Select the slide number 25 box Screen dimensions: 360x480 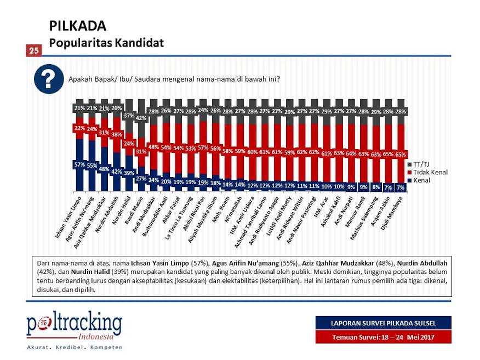33,50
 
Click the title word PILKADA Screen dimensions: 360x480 77,27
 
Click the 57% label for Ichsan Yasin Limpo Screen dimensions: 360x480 79,164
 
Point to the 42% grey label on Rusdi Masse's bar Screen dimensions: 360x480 141,118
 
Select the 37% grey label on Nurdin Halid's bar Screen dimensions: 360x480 129,116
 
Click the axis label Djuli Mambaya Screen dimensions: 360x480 394,208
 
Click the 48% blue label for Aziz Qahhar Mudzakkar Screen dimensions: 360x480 104,169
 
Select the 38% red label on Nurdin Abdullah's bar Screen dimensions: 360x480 117,134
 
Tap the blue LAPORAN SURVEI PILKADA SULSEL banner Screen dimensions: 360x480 383,323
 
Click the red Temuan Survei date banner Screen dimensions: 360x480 383,337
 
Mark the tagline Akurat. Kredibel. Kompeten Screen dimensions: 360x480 75,347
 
